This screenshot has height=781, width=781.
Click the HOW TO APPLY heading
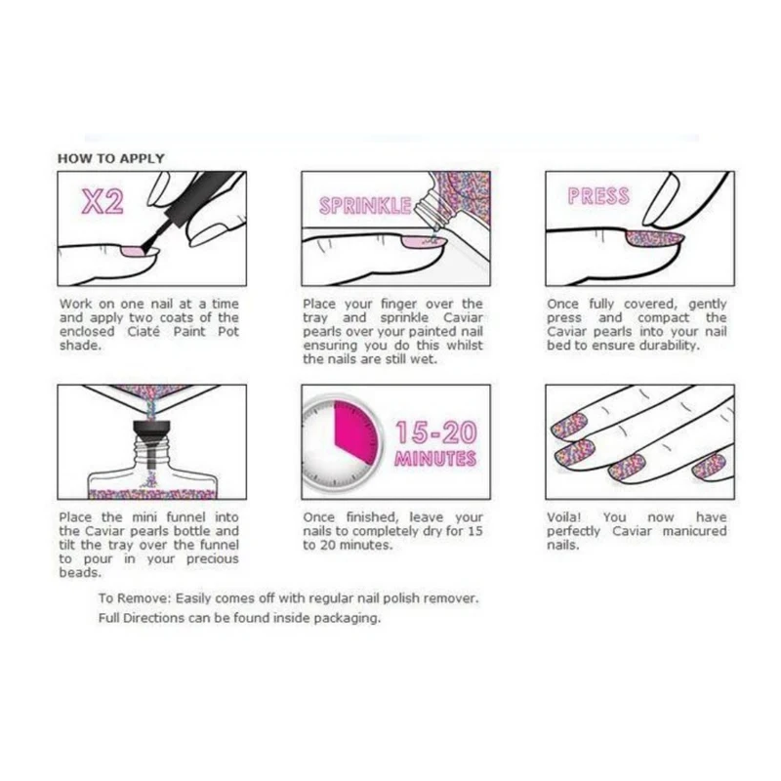[110, 158]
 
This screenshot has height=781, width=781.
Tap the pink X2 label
[103, 202]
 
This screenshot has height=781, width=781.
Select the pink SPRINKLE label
[365, 206]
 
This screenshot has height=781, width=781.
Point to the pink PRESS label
[598, 196]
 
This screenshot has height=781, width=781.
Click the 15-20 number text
[435, 432]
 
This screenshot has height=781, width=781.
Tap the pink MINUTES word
[435, 458]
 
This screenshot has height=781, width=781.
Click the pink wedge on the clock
[354, 431]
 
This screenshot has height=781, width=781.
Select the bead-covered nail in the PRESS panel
[652, 238]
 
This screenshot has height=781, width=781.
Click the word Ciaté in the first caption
[144, 332]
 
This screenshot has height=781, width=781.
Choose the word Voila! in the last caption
[563, 517]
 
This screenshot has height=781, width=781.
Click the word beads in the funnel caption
[80, 573]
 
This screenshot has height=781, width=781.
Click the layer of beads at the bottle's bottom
[152, 494]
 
